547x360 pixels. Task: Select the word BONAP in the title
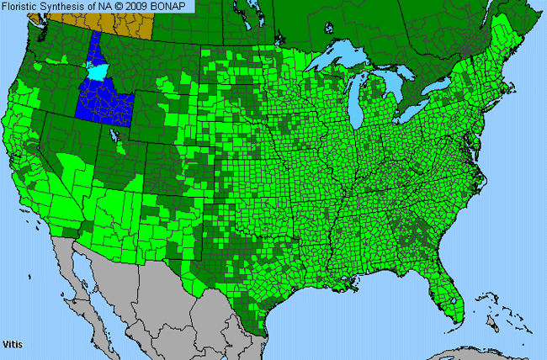point(173,6)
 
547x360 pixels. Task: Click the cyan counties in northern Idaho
point(101,72)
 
